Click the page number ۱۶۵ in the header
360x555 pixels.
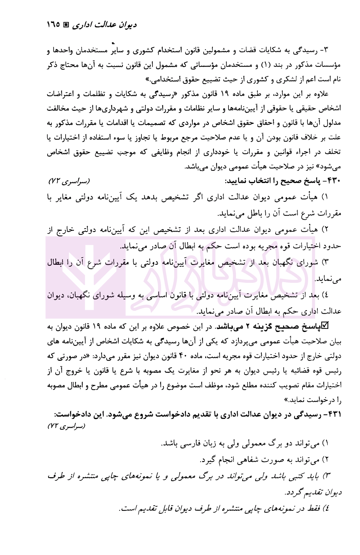click(x=53, y=25)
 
